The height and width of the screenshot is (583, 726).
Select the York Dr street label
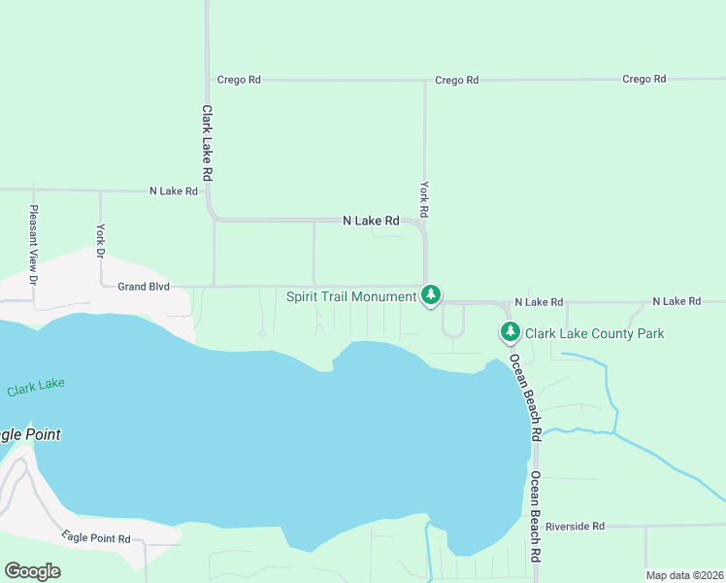(100, 240)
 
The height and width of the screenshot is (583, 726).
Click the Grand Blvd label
(144, 287)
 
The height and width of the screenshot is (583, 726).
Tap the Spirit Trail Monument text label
(351, 296)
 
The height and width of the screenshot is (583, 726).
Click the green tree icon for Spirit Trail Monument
(431, 294)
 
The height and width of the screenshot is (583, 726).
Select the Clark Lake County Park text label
(594, 333)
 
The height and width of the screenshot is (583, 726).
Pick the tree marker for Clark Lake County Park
(510, 332)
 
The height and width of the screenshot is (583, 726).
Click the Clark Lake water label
(36, 387)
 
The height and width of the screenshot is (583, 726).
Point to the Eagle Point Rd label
(95, 537)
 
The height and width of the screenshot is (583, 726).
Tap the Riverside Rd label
(575, 526)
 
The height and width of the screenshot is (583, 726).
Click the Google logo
(32, 570)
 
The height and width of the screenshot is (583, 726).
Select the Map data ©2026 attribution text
(684, 575)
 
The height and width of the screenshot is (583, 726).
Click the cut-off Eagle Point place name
(30, 434)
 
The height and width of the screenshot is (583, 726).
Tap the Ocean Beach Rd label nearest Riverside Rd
(535, 518)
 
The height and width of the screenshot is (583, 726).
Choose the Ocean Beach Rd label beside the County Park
(524, 398)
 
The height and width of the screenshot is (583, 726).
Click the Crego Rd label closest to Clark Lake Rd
(239, 81)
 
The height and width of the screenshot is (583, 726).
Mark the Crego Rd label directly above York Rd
(457, 81)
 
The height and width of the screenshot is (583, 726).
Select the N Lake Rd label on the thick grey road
(371, 222)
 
